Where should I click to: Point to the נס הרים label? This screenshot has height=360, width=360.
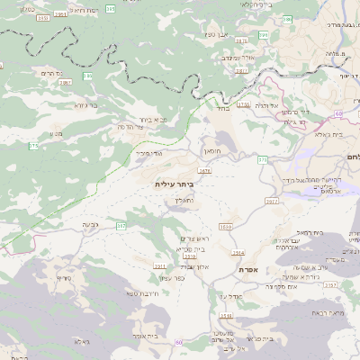point(52,72)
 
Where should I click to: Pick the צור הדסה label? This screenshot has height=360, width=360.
point(133,127)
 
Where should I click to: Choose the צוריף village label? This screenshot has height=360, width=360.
point(64,278)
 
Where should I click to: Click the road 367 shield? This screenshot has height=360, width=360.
point(121,225)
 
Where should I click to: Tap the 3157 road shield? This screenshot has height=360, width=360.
point(331,284)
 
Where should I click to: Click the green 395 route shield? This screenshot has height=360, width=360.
point(111,8)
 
